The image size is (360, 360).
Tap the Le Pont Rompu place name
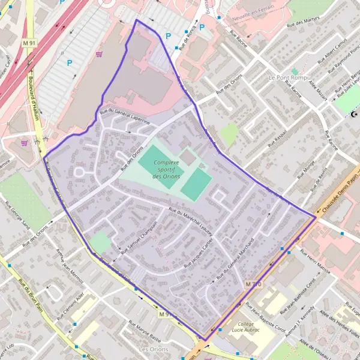[289, 78]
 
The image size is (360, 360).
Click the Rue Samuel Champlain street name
[139, 238]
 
